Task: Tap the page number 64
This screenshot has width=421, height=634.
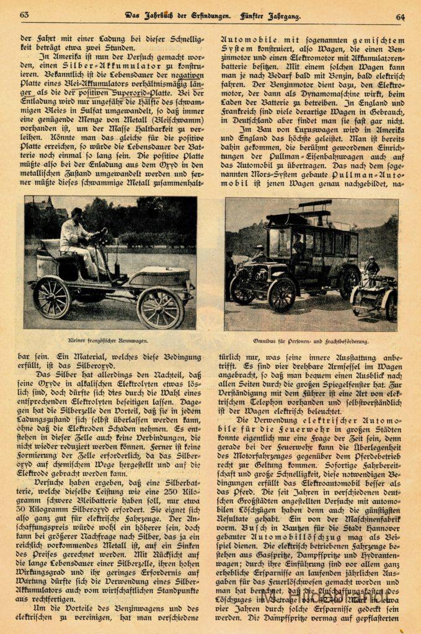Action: pyautogui.click(x=400, y=17)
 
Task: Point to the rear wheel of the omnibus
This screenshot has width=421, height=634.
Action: pyautogui.click(x=349, y=282)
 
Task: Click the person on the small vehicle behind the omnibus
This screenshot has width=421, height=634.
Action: pyautogui.click(x=371, y=267)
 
